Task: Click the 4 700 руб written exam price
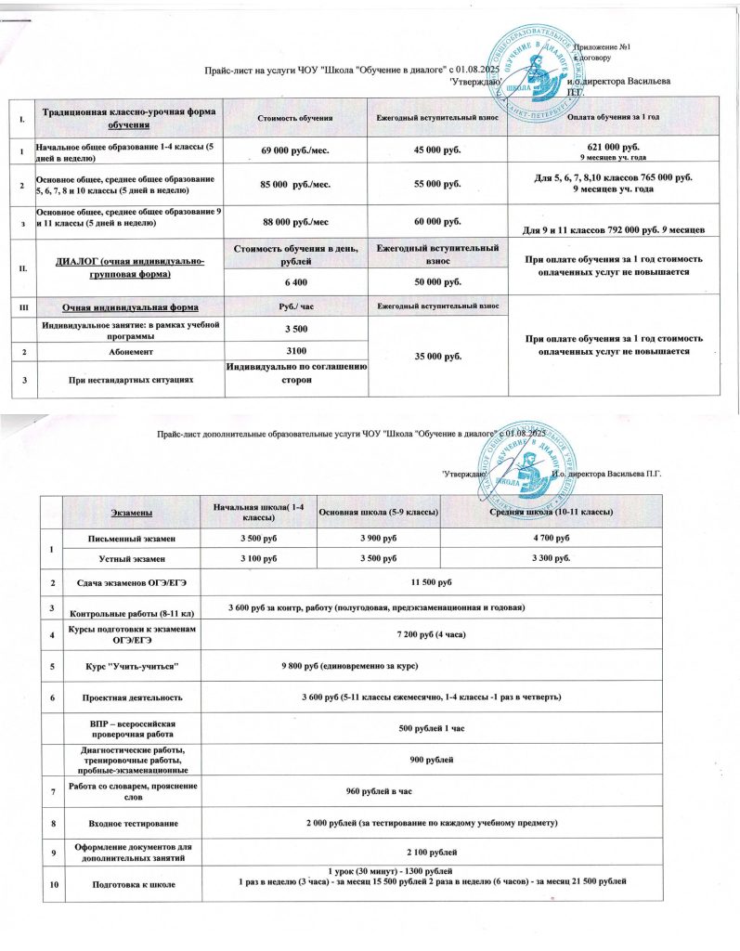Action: (551, 539)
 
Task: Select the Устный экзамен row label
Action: (129, 559)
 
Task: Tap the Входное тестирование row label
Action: (129, 824)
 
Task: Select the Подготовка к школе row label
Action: (129, 886)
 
